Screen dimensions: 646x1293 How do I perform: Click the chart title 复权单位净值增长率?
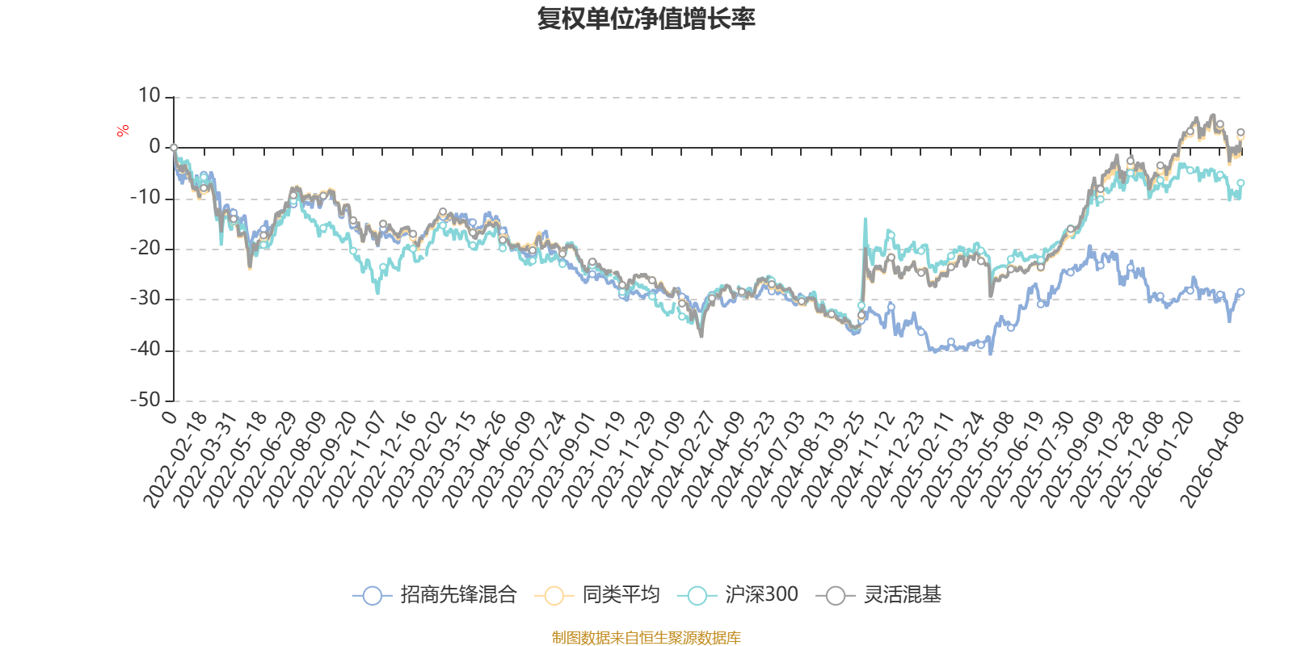pyautogui.click(x=646, y=19)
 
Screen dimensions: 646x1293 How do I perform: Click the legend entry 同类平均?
pyautogui.click(x=620, y=596)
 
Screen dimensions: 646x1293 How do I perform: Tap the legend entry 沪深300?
pyautogui.click(x=760, y=596)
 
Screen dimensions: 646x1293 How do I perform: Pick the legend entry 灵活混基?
pyautogui.click(x=902, y=596)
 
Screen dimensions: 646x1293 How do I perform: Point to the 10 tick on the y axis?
pyautogui.click(x=150, y=96)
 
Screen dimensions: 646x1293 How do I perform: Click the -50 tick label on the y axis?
pyautogui.click(x=145, y=400)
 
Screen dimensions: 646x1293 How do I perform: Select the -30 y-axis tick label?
pyautogui.click(x=145, y=299)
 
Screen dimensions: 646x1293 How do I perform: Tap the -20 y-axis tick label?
pyautogui.click(x=145, y=248)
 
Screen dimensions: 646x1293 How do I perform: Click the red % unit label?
pyautogui.click(x=123, y=131)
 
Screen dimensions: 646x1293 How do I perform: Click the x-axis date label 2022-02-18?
pyautogui.click(x=175, y=460)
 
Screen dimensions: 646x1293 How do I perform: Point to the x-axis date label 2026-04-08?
pyautogui.click(x=1211, y=460)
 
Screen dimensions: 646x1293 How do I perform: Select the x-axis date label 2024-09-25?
pyautogui.click(x=833, y=460)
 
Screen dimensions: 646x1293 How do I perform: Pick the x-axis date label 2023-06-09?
pyautogui.click(x=504, y=460)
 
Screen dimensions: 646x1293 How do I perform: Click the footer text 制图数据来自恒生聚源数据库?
pyautogui.click(x=646, y=638)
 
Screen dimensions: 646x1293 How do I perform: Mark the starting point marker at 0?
pyautogui.click(x=174, y=148)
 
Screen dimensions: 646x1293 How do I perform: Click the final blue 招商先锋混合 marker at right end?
pyautogui.click(x=1240, y=292)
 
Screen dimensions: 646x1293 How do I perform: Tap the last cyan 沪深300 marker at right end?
pyautogui.click(x=1240, y=183)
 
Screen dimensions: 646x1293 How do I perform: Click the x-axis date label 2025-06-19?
pyautogui.click(x=1013, y=460)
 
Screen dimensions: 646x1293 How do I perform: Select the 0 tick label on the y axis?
pyautogui.click(x=154, y=147)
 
